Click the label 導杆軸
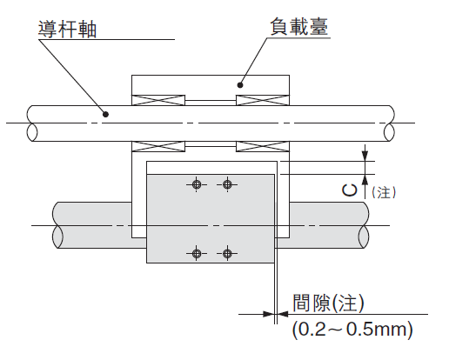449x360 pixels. (x=67, y=29)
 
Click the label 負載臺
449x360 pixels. (x=299, y=27)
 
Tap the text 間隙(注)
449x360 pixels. (x=328, y=303)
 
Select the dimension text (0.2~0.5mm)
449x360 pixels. (x=352, y=330)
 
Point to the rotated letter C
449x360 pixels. (x=349, y=190)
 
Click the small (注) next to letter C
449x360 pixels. (x=384, y=192)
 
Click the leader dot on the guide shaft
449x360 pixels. (x=106, y=114)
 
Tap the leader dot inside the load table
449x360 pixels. (x=240, y=85)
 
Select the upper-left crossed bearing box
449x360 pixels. (x=158, y=100)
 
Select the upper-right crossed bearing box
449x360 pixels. (x=263, y=100)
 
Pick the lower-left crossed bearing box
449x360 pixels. (x=158, y=146)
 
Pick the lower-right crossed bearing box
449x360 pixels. (x=263, y=146)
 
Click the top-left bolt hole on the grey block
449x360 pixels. (x=197, y=184)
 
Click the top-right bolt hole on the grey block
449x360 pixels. (x=227, y=184)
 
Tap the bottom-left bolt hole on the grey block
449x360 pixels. (x=197, y=253)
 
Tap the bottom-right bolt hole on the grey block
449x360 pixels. (x=227, y=253)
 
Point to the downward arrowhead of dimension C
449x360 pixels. (x=365, y=156)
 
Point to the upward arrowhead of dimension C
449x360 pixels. (x=365, y=180)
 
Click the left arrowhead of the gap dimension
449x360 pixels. (x=268, y=314)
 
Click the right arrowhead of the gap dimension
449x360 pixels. (x=283, y=314)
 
